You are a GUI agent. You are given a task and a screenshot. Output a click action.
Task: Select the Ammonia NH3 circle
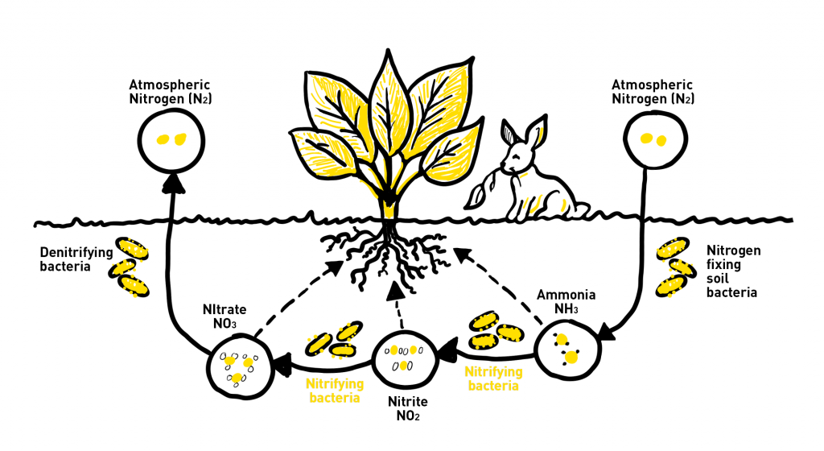point(566,348)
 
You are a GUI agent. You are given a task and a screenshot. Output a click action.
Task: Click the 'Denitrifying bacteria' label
point(76,259)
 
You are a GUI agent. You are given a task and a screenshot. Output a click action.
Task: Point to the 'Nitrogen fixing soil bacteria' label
point(732,271)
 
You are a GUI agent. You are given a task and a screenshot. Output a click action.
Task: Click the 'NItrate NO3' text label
point(227,315)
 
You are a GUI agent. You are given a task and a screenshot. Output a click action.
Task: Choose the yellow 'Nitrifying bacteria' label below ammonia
point(491,379)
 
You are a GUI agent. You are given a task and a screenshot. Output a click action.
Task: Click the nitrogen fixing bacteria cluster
point(674,266)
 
